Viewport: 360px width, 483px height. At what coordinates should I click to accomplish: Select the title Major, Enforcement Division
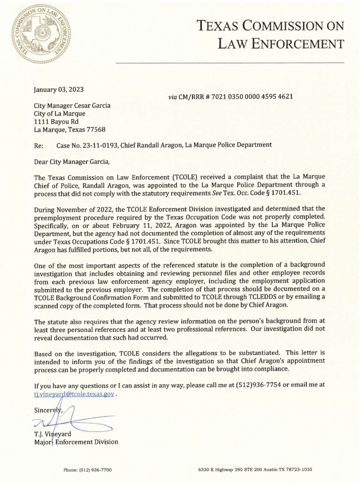76,442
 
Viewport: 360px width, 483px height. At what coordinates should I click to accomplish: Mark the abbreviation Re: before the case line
39,145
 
